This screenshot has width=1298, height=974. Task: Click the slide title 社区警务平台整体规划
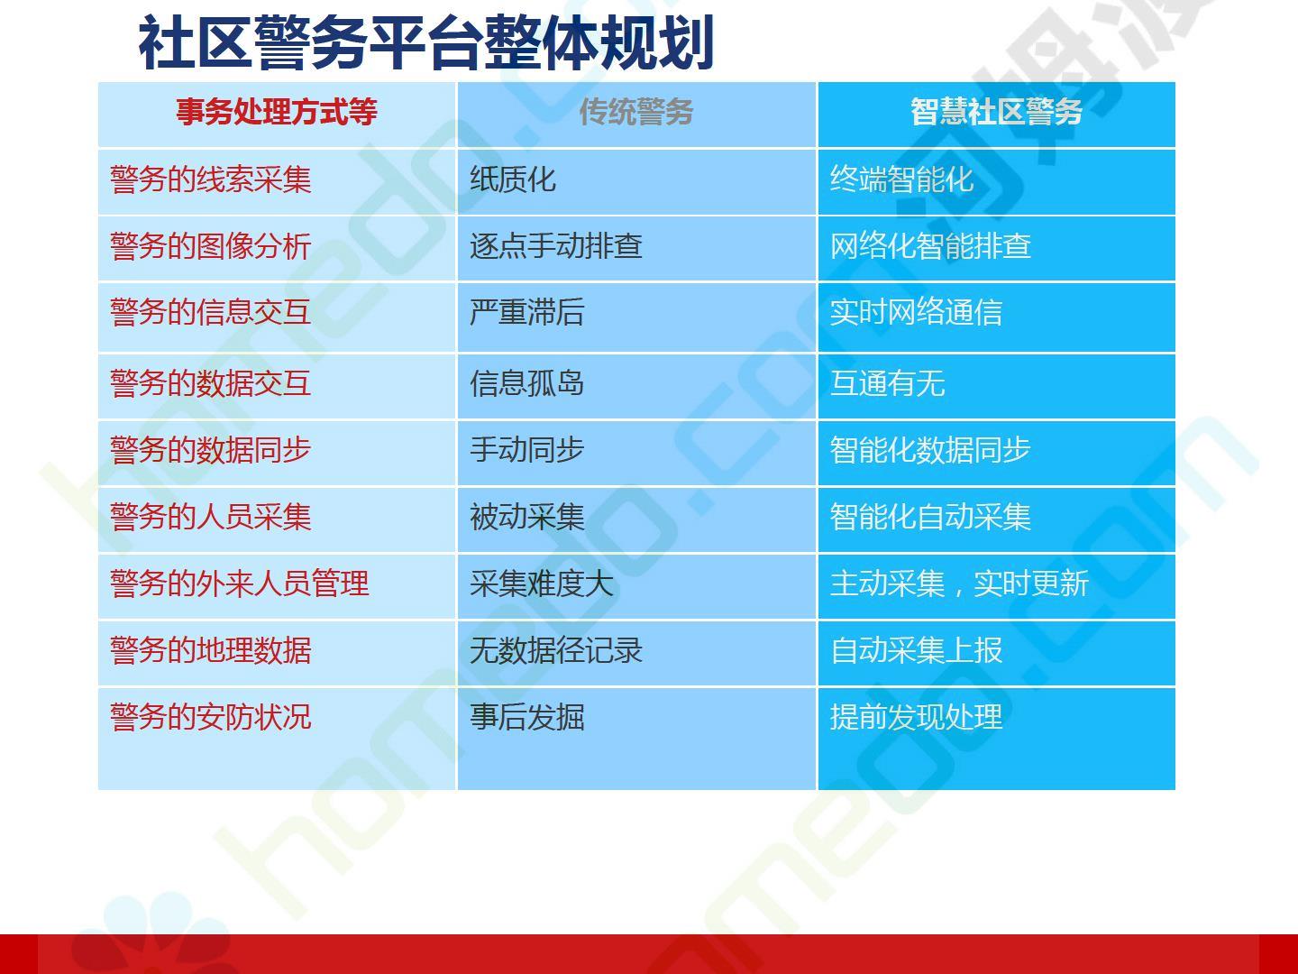coord(425,42)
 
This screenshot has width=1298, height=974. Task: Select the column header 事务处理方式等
coord(276,111)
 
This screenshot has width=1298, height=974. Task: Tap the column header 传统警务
coord(636,111)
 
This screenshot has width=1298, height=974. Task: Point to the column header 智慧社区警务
coord(996,111)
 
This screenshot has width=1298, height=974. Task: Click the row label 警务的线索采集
coord(211,179)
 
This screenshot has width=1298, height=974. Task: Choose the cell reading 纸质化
coord(513,179)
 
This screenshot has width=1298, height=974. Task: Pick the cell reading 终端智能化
coord(901,179)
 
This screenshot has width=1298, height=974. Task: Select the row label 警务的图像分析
coord(211,246)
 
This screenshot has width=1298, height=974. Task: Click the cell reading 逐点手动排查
coord(556,246)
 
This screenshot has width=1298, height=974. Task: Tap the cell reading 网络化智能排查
coord(930,246)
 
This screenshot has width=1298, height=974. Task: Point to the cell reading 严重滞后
coord(527,312)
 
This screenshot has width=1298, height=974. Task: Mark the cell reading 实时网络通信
coord(916,312)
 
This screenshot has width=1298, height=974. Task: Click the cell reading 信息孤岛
coord(527,383)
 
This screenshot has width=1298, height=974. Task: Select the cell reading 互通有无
coord(887,383)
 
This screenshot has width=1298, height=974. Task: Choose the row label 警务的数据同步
coord(211,450)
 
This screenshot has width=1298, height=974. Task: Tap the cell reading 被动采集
coord(527,517)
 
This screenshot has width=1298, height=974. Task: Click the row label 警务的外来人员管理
coord(240,583)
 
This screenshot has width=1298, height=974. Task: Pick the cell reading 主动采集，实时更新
coord(959,583)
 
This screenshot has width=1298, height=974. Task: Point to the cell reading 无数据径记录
coord(556,650)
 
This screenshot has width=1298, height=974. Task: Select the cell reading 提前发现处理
coord(916,717)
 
